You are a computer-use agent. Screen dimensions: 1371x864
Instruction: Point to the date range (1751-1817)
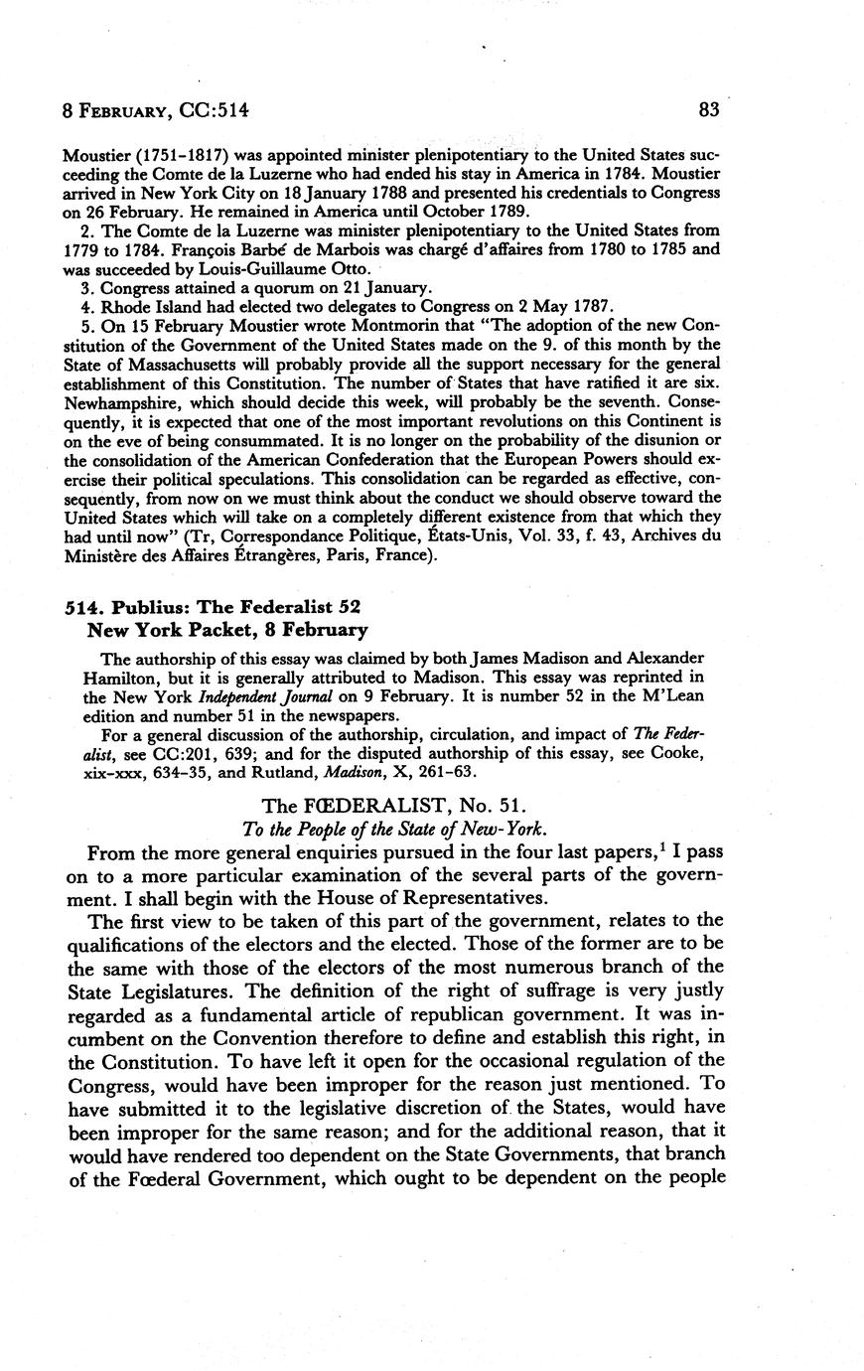[162, 156]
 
